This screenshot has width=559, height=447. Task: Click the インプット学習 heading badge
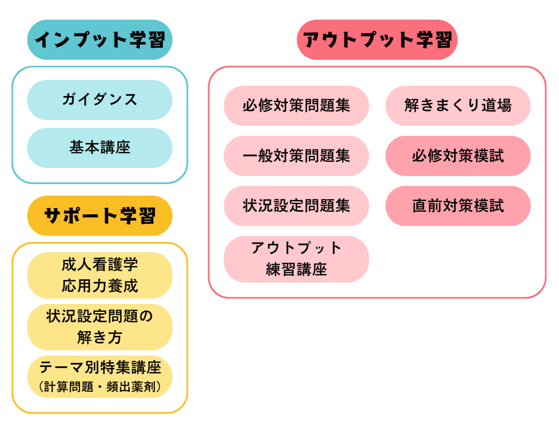click(99, 40)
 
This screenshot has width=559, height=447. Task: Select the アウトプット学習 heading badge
click(377, 40)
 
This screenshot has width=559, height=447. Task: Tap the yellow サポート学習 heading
click(99, 216)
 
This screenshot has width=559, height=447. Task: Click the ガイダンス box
click(99, 100)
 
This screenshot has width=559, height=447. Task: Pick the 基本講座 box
click(99, 148)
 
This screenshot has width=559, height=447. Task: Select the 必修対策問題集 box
click(296, 106)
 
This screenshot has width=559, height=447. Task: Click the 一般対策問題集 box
click(296, 156)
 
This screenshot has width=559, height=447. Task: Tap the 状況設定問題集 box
click(296, 206)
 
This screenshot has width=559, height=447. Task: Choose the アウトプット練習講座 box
click(296, 259)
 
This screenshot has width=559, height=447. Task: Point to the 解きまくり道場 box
click(458, 106)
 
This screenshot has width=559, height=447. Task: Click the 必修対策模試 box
click(458, 156)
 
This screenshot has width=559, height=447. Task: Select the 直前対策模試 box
click(458, 206)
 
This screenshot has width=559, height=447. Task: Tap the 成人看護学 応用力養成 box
click(99, 275)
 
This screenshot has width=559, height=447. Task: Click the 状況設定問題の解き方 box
click(99, 327)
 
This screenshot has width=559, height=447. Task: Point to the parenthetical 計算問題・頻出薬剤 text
click(99, 386)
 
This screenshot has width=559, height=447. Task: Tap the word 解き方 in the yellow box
click(99, 338)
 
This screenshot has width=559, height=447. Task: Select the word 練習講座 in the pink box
click(296, 270)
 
